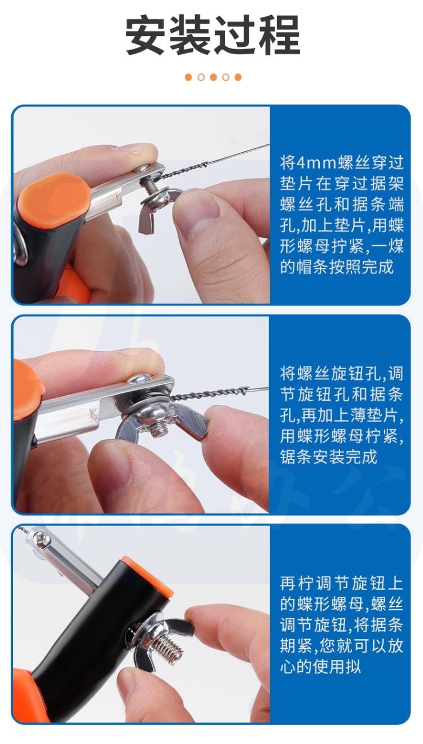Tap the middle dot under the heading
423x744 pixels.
[x=213, y=77]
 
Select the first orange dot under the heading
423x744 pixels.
[x=188, y=77]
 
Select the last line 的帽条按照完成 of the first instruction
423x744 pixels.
[x=337, y=267]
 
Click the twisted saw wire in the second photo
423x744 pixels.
[x=210, y=394]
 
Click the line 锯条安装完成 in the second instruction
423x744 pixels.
[x=328, y=457]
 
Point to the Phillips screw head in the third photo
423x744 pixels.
[x=41, y=537]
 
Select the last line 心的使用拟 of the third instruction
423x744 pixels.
[x=320, y=666]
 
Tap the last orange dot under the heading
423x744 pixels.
[x=238, y=77]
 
